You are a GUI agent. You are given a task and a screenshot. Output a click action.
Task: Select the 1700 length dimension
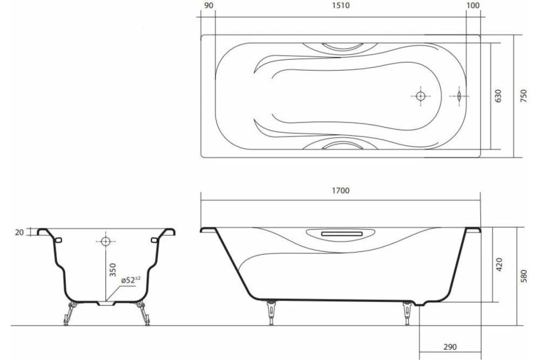341,190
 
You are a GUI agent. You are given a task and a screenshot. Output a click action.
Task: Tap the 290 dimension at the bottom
444,347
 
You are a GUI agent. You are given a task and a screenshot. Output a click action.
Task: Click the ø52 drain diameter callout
130,280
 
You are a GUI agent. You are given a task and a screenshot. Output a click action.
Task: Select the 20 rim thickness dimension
20,232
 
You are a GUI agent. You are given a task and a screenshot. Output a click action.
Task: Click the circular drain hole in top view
421,96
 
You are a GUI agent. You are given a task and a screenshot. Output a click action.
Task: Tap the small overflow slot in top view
458,96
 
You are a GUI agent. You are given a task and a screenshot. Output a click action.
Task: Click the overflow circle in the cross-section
105,241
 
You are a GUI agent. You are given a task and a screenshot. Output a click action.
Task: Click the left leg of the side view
270,314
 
